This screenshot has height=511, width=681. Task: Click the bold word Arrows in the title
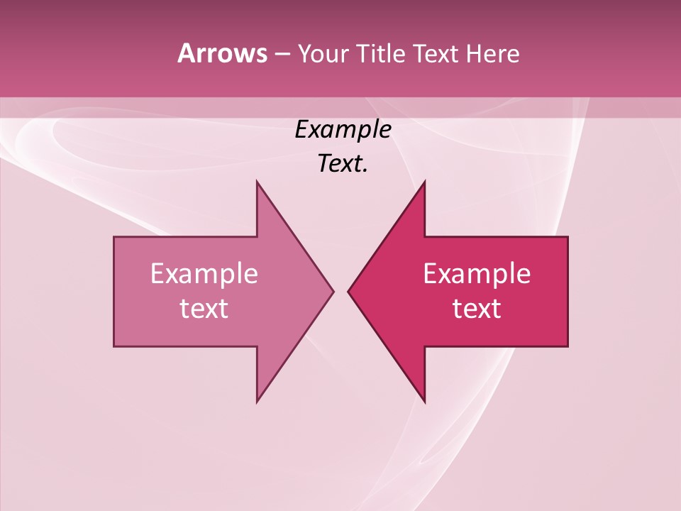coord(222,53)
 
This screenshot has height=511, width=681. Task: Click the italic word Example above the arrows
coord(343,130)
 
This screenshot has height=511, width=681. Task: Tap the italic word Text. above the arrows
coord(343,164)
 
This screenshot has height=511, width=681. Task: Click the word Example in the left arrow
coord(204,273)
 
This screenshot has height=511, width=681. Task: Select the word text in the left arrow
coord(204,308)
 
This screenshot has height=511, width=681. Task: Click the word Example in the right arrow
coord(477,273)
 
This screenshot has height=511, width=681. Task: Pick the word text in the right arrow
coord(477,308)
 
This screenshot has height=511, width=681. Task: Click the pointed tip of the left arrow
coord(333,291)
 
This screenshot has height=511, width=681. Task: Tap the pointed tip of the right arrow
coord(348,291)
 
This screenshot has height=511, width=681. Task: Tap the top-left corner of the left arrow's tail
coord(115,238)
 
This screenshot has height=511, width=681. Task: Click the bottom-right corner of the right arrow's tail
coord(567,346)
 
